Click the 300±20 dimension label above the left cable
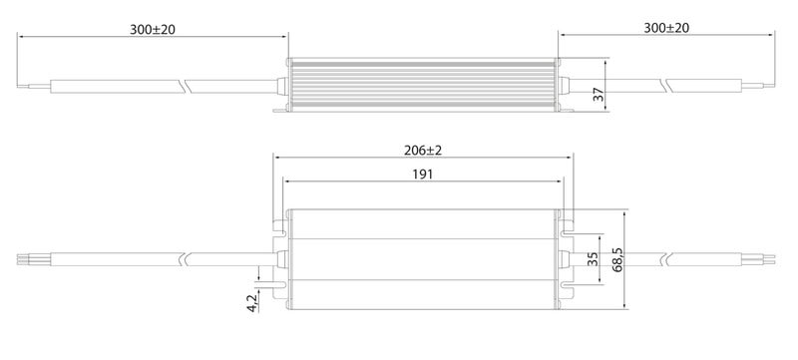point(153,30)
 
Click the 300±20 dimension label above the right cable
point(666,28)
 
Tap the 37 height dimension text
point(598,94)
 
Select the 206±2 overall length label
point(422,151)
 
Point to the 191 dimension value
point(422,175)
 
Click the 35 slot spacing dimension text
point(593,259)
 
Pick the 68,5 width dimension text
point(617,260)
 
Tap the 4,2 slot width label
point(252,302)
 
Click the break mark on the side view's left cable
point(183,87)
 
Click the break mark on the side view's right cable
point(666,86)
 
